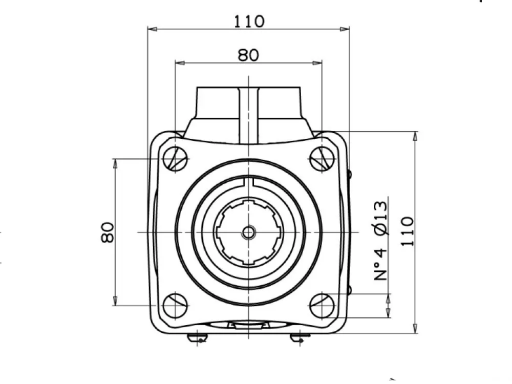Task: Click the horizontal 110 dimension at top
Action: (x=249, y=22)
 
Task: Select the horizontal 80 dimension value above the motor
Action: (x=248, y=55)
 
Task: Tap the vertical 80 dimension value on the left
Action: (x=108, y=232)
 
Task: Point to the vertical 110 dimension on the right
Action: (x=408, y=231)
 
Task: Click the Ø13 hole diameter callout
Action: (x=381, y=218)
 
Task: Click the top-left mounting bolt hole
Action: (x=175, y=159)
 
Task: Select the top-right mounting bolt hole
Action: (x=322, y=159)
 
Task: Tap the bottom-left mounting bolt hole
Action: (x=175, y=306)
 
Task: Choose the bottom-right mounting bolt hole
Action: (x=322, y=306)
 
